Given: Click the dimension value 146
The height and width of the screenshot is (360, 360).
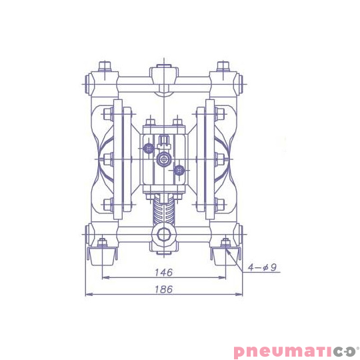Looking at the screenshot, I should click(x=163, y=272).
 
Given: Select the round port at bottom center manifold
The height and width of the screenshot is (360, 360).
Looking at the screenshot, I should click(x=163, y=235).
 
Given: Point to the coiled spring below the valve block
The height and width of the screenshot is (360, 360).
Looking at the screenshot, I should click(x=163, y=212).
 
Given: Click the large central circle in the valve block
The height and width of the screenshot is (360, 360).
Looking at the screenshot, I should click(x=163, y=160).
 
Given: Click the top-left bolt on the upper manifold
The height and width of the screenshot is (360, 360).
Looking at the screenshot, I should click(x=103, y=67).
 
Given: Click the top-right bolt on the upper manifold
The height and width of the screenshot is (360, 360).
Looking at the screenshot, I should click(x=224, y=67).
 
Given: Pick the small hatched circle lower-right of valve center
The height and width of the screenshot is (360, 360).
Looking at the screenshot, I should click(x=179, y=171).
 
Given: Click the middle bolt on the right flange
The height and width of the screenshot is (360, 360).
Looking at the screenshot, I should click(x=218, y=159).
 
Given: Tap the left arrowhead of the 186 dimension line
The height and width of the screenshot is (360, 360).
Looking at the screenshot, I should click(x=87, y=294).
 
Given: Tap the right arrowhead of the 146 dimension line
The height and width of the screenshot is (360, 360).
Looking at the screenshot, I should click(x=225, y=277).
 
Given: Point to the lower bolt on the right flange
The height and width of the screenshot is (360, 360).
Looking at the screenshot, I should click(x=218, y=203).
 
